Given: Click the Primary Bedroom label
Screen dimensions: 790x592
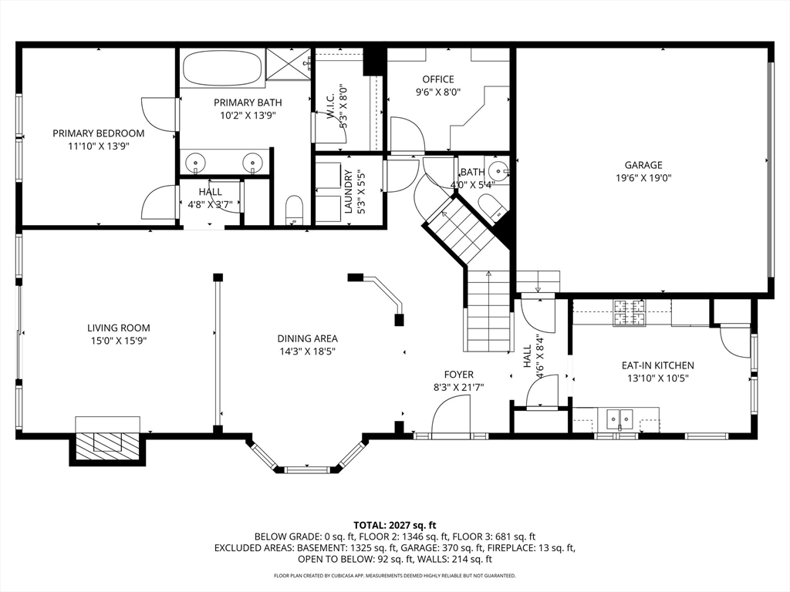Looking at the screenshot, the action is click(99, 133).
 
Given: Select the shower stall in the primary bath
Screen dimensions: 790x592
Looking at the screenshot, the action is click(288, 64).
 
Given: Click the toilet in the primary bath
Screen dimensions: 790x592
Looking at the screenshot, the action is click(294, 210).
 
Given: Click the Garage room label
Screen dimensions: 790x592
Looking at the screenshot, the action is click(643, 165).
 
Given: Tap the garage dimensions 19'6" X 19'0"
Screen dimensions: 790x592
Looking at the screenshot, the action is click(643, 178).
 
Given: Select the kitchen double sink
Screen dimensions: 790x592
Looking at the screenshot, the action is click(620, 419).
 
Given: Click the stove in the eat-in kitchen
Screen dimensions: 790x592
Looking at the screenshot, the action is click(629, 313).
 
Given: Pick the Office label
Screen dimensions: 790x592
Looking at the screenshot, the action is click(438, 79).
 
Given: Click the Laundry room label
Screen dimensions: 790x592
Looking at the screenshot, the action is click(348, 191).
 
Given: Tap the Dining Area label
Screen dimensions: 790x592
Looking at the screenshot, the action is click(307, 339).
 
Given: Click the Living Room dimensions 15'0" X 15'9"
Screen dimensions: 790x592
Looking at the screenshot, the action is click(118, 341).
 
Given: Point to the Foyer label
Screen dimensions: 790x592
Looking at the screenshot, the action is click(458, 375).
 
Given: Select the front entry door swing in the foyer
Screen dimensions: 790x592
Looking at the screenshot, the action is click(451, 414).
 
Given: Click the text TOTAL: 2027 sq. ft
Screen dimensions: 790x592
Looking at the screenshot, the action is click(394, 526).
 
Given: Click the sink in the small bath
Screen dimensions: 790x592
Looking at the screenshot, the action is click(499, 170).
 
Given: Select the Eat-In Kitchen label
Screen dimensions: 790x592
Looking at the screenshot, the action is click(657, 365).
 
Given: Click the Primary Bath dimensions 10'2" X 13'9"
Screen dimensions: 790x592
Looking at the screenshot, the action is click(248, 116).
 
